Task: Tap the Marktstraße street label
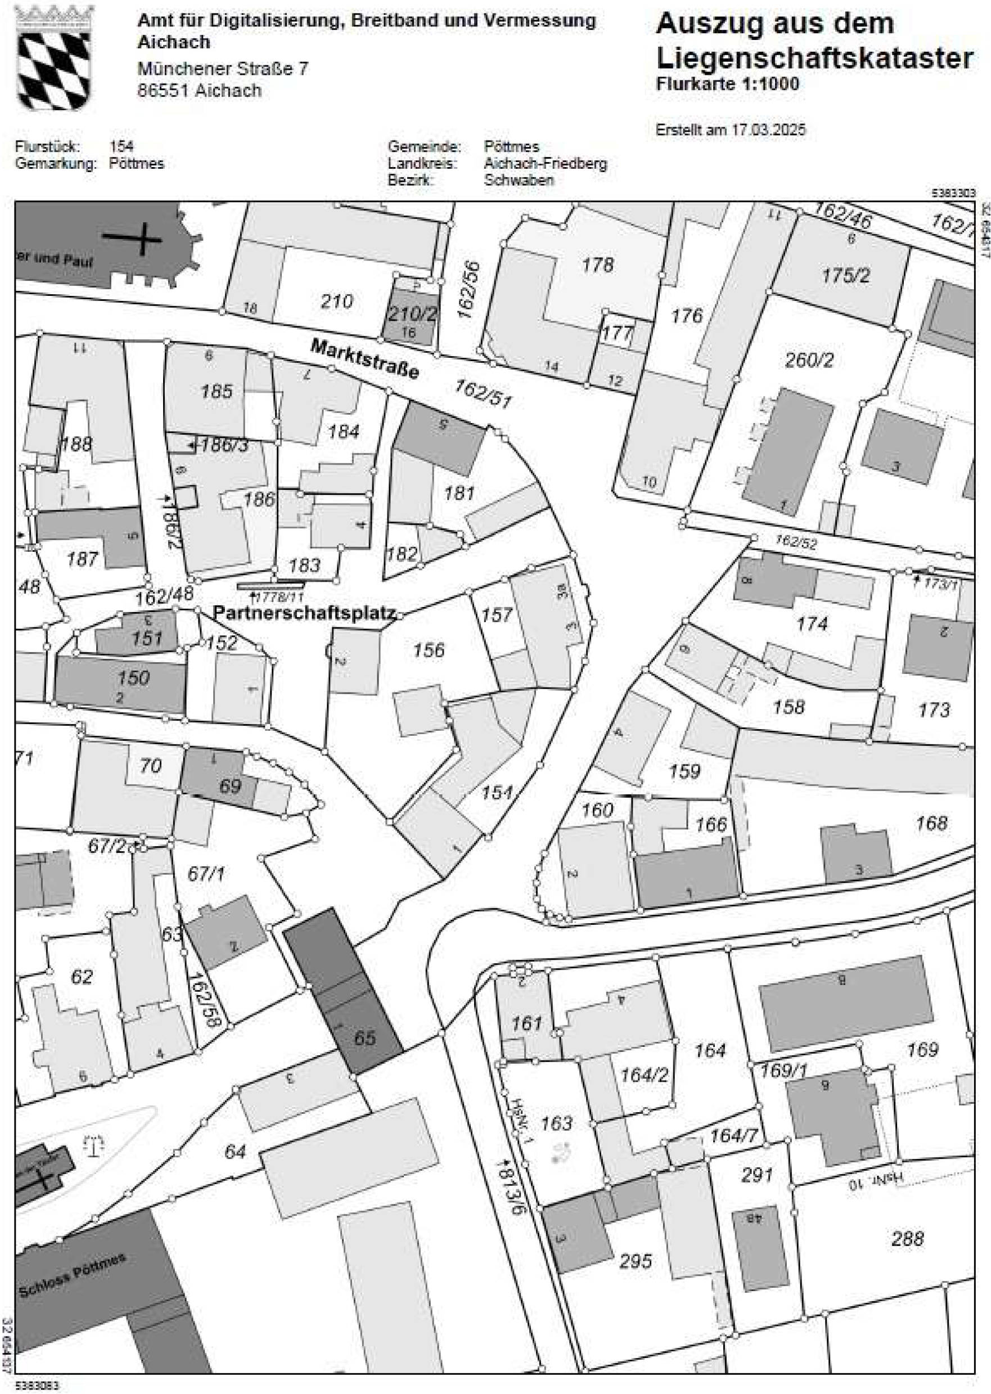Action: (x=365, y=359)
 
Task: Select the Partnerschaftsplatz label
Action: (x=305, y=613)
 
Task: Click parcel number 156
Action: (x=429, y=650)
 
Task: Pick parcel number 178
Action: (x=597, y=265)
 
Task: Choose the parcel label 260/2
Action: (x=809, y=361)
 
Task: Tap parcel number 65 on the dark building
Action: (x=365, y=1037)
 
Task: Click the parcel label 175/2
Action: (x=846, y=276)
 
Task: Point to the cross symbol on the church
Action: (x=142, y=237)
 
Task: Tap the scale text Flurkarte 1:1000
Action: (x=727, y=84)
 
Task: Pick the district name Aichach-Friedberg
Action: (x=546, y=164)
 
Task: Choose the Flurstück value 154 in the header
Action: (x=121, y=146)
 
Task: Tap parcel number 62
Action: (x=82, y=977)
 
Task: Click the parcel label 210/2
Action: (x=413, y=314)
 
